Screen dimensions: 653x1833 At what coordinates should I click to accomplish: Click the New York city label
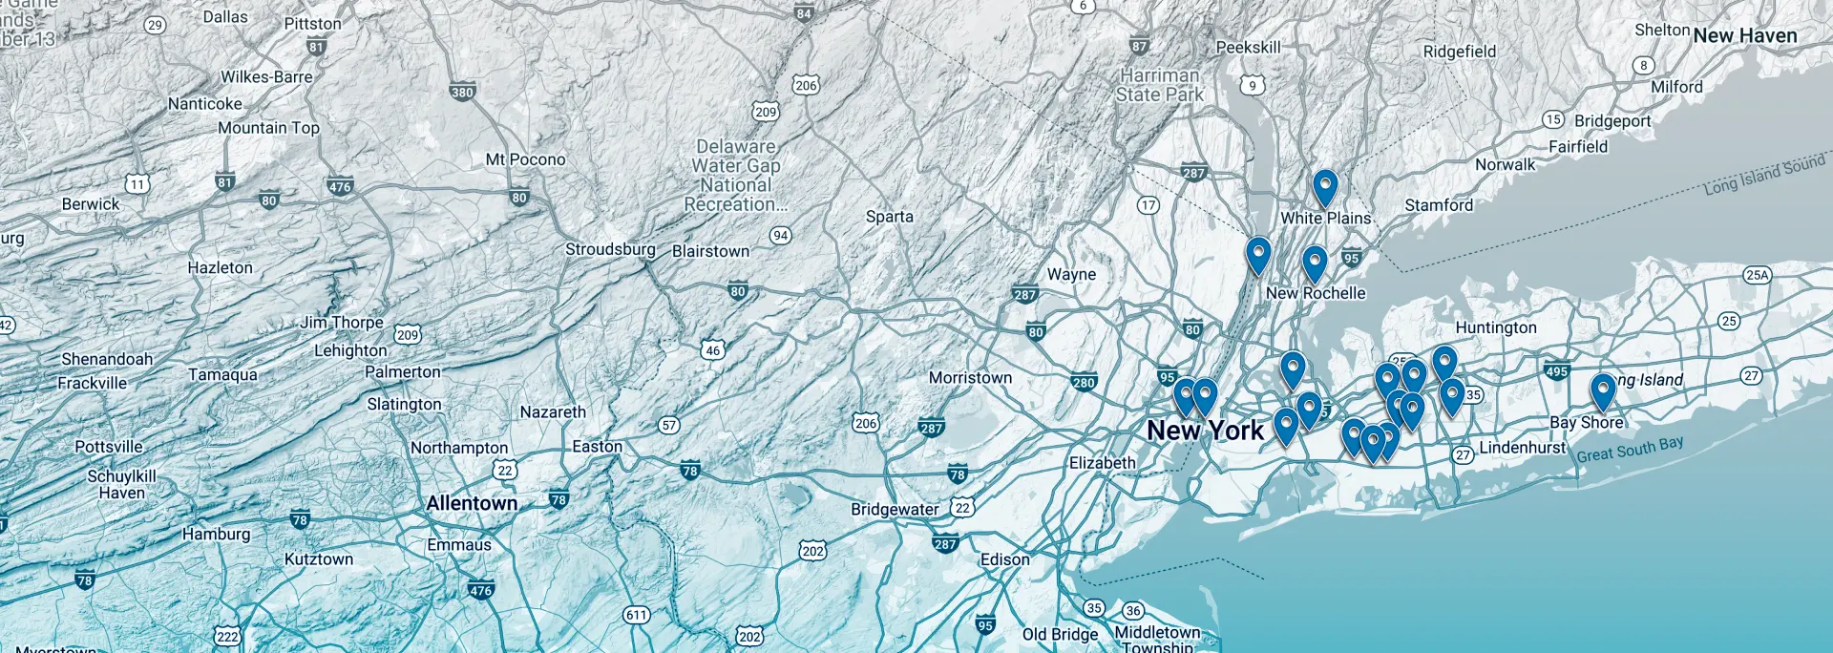coord(1205,431)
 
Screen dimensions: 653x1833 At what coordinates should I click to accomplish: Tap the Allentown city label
coord(472,503)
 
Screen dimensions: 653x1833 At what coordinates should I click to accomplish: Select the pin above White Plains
coord(1324,186)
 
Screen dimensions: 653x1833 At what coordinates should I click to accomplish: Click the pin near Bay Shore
coord(1602,390)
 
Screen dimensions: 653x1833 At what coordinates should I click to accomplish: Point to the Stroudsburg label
coord(610,249)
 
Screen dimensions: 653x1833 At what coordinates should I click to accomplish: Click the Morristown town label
coord(970,377)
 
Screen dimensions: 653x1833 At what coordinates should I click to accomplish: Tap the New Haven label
coord(1744,36)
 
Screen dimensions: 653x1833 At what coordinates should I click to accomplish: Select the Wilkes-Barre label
coord(266,76)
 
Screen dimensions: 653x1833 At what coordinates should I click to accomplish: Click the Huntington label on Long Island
coord(1495,327)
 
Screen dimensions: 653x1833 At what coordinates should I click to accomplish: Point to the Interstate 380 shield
coord(462,92)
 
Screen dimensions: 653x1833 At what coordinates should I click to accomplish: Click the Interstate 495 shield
coord(1556,370)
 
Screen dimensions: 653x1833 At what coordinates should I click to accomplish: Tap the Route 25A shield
coord(1757,275)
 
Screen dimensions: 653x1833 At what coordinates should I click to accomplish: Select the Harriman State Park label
coord(1159,85)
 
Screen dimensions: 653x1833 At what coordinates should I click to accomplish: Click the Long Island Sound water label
coord(1764,175)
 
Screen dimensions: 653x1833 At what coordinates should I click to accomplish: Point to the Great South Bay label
coord(1630,449)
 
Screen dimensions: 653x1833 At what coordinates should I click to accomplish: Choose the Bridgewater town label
coord(895,509)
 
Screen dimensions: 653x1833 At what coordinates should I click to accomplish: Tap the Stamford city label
coord(1438,205)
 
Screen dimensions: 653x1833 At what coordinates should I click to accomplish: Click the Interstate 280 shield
coord(1084,382)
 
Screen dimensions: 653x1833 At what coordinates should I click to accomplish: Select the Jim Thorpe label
coord(342,323)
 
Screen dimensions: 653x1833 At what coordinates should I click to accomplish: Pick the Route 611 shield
coord(637,615)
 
